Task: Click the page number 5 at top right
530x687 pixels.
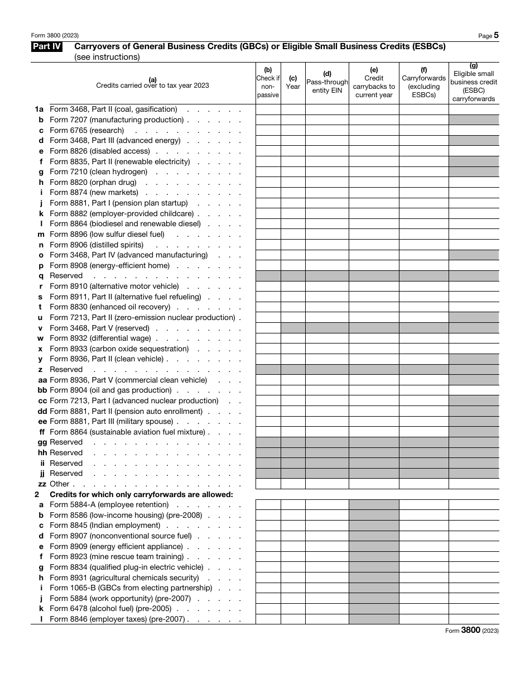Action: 495,35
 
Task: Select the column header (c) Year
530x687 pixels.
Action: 293,83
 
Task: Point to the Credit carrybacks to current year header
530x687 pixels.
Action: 374,83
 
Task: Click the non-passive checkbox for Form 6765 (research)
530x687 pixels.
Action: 268,130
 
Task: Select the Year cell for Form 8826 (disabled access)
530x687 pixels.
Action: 293,151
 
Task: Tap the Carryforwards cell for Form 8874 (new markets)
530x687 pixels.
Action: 423,193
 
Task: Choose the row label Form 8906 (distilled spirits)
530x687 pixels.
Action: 97,245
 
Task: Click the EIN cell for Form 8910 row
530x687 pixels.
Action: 327,287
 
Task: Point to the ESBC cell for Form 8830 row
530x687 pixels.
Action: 474,307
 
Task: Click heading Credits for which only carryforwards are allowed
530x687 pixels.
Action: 141,494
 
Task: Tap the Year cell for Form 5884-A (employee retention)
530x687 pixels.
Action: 293,505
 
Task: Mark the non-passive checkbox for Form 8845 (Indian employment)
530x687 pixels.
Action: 268,526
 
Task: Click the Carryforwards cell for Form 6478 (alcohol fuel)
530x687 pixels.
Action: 423,609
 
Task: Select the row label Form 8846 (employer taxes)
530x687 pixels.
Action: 117,619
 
